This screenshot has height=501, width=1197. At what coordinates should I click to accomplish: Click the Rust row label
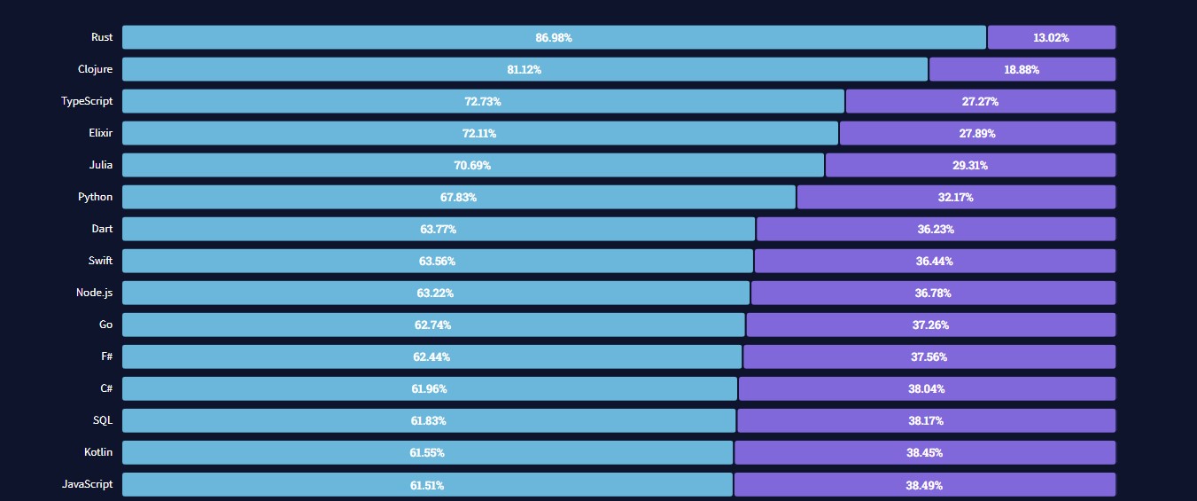point(101,37)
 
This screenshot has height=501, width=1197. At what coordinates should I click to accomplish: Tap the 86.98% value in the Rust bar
point(554,38)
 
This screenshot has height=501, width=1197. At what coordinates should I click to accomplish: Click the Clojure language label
point(95,69)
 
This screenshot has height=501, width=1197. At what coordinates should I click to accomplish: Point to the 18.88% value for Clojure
point(1022,70)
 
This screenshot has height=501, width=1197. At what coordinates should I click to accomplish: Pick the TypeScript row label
point(87,101)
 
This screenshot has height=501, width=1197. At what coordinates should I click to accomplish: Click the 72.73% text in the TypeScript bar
point(483,102)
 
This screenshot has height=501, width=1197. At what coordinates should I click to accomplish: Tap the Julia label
point(101,165)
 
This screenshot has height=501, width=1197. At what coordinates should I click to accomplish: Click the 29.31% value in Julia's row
point(970,166)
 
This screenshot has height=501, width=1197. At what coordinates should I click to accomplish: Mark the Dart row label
point(102,229)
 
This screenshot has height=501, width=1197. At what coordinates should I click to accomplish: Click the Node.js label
point(94,293)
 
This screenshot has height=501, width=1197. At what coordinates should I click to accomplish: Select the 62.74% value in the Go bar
point(432,325)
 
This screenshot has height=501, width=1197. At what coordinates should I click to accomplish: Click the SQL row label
point(103,420)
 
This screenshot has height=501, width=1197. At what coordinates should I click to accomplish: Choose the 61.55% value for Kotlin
point(427,453)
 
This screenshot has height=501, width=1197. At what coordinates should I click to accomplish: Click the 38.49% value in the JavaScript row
point(924,485)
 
